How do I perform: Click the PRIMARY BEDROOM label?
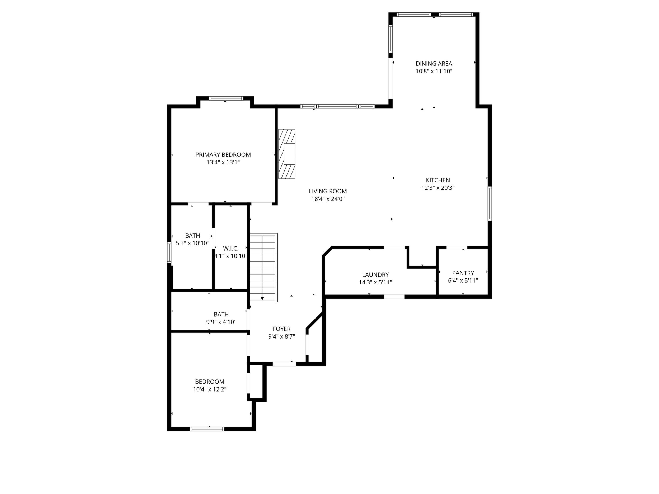223,155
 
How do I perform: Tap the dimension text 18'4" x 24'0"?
328,199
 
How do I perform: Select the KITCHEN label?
438,180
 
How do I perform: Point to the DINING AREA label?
434,63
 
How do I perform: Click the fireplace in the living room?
287,154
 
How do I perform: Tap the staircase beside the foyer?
263,267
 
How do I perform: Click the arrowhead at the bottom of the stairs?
262,298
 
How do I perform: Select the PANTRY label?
463,273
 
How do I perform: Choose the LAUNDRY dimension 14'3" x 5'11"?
375,282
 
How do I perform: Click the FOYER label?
281,329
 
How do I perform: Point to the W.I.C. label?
230,249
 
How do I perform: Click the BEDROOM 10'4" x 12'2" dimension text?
210,389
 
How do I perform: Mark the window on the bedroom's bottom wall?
207,429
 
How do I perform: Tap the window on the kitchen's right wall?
489,203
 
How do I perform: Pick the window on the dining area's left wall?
390,39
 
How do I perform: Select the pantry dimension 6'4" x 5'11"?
463,281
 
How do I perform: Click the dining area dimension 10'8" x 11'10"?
434,71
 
